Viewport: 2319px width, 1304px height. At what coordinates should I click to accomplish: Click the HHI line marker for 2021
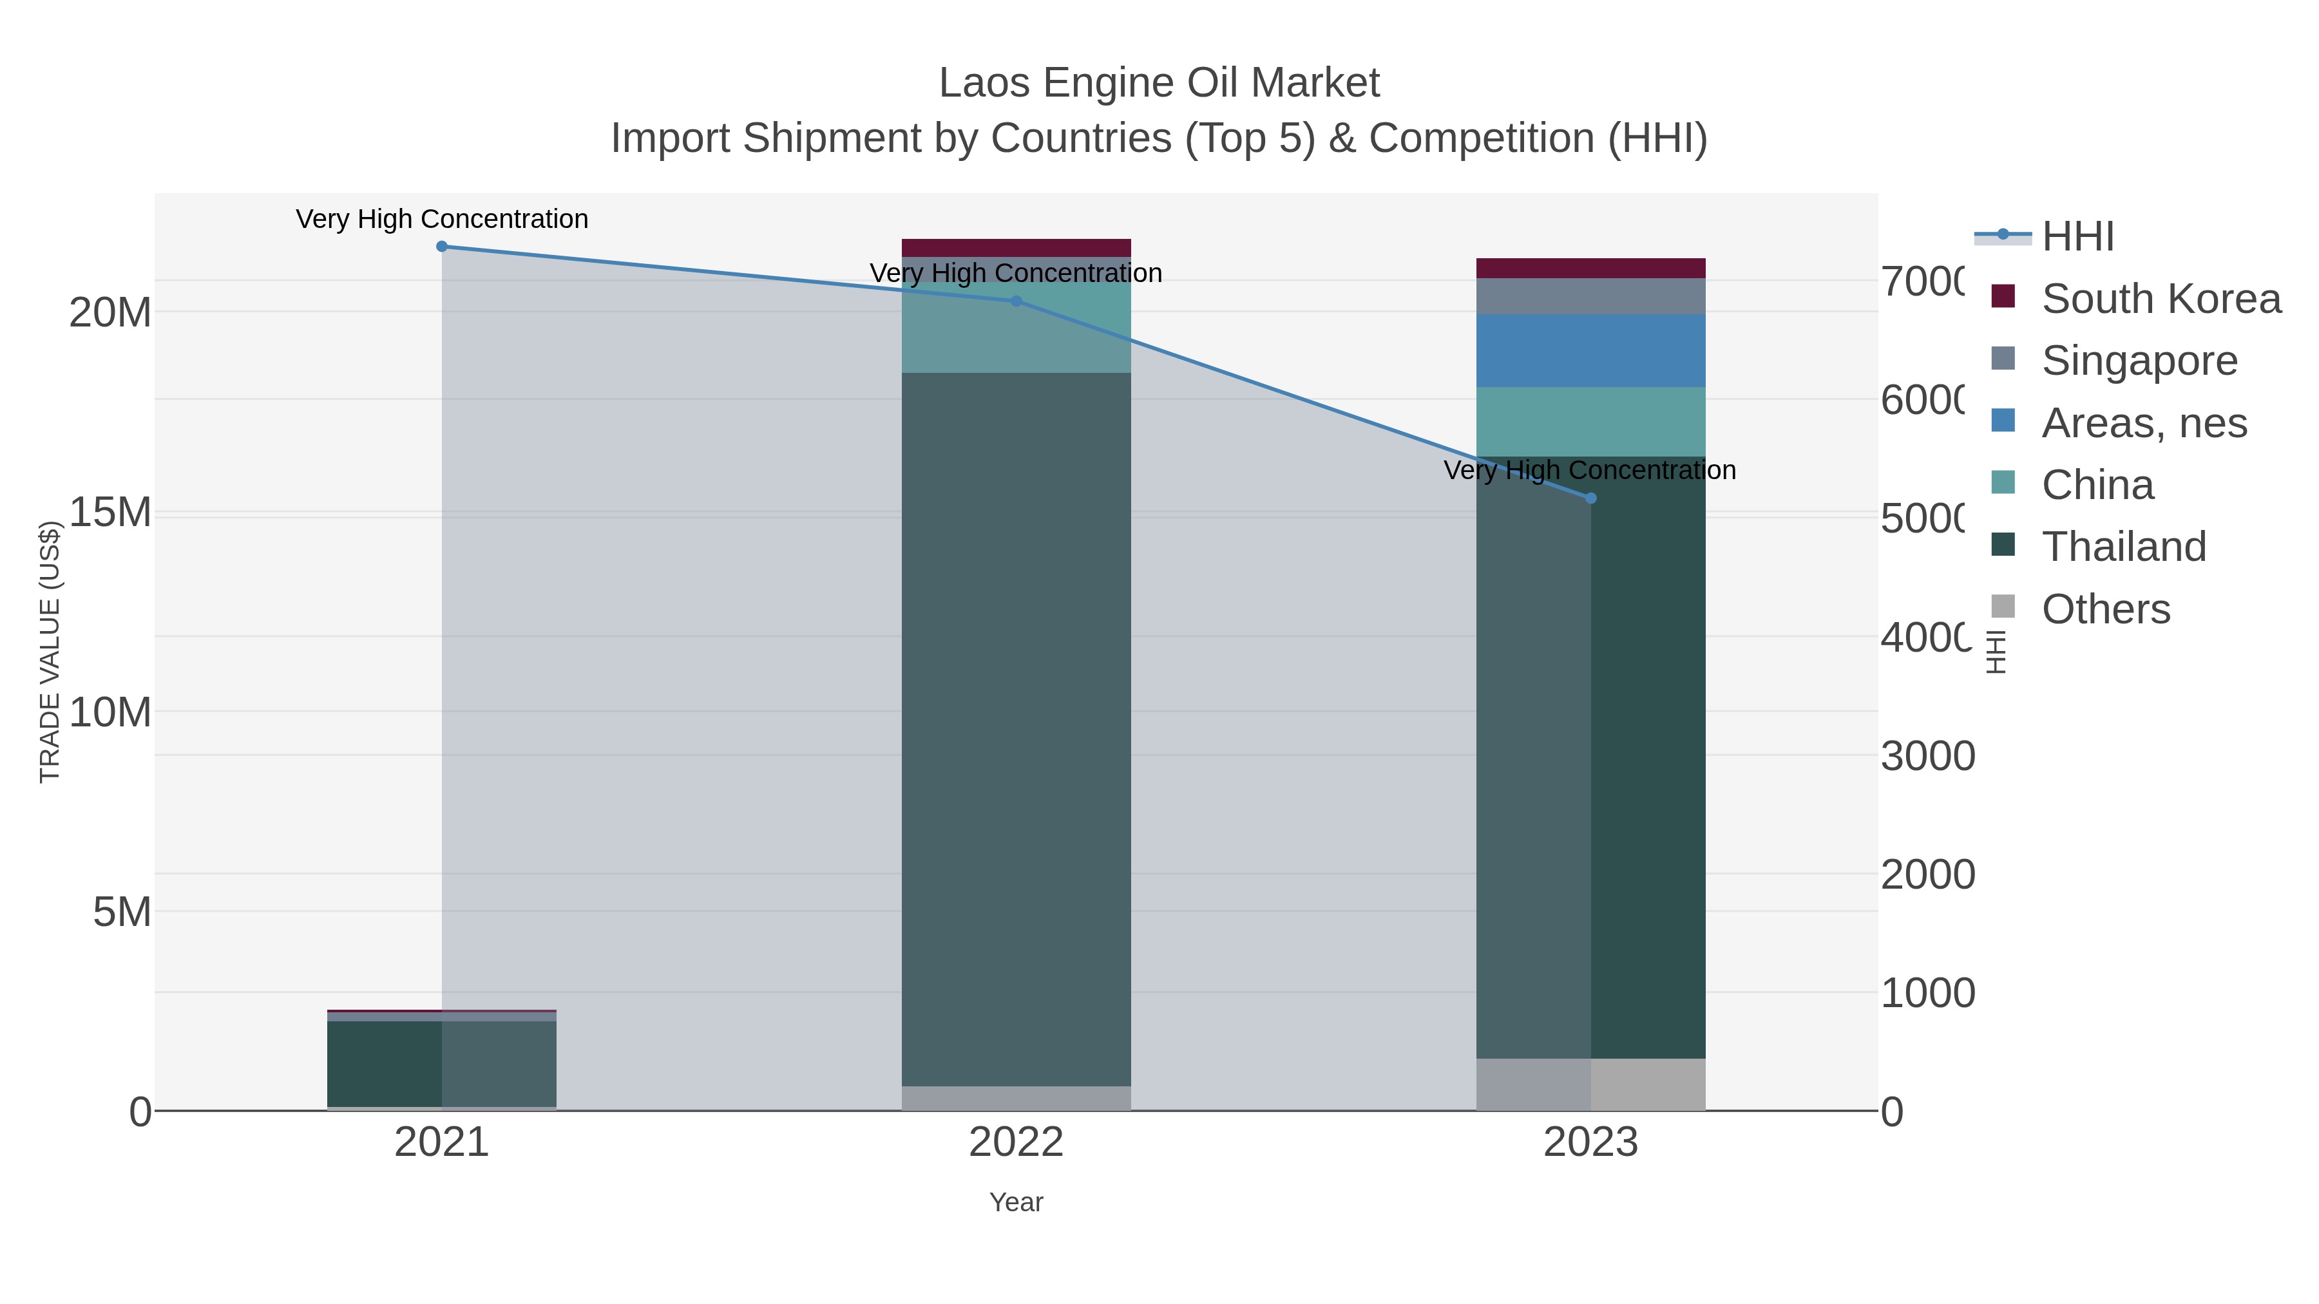pyautogui.click(x=441, y=247)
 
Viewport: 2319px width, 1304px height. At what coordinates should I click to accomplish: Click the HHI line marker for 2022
pyautogui.click(x=1016, y=301)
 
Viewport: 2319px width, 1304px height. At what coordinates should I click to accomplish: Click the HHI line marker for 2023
pyautogui.click(x=1590, y=498)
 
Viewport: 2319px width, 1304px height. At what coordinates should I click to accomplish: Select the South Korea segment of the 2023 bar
pyautogui.click(x=1590, y=268)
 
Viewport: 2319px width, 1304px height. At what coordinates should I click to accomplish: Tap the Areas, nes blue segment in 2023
pyautogui.click(x=1590, y=351)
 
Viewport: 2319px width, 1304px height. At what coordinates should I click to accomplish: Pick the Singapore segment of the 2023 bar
pyautogui.click(x=1590, y=296)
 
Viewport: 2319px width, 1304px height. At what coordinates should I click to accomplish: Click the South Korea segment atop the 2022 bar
pyautogui.click(x=1016, y=247)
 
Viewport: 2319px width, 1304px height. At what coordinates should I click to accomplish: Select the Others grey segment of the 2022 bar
pyautogui.click(x=1016, y=1098)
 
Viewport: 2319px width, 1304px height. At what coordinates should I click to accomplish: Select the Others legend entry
pyautogui.click(x=2104, y=609)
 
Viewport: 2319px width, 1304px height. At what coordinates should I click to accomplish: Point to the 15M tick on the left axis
pyautogui.click(x=110, y=513)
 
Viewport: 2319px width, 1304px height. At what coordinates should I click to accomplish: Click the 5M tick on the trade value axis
pyautogui.click(x=122, y=912)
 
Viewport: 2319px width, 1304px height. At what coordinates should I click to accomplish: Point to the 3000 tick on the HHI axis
pyautogui.click(x=1927, y=756)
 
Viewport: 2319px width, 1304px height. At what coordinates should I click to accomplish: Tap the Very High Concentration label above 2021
pyautogui.click(x=441, y=220)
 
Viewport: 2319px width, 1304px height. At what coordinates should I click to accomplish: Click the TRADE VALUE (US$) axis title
pyautogui.click(x=50, y=652)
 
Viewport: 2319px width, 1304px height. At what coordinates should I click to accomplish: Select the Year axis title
pyautogui.click(x=1016, y=1202)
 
